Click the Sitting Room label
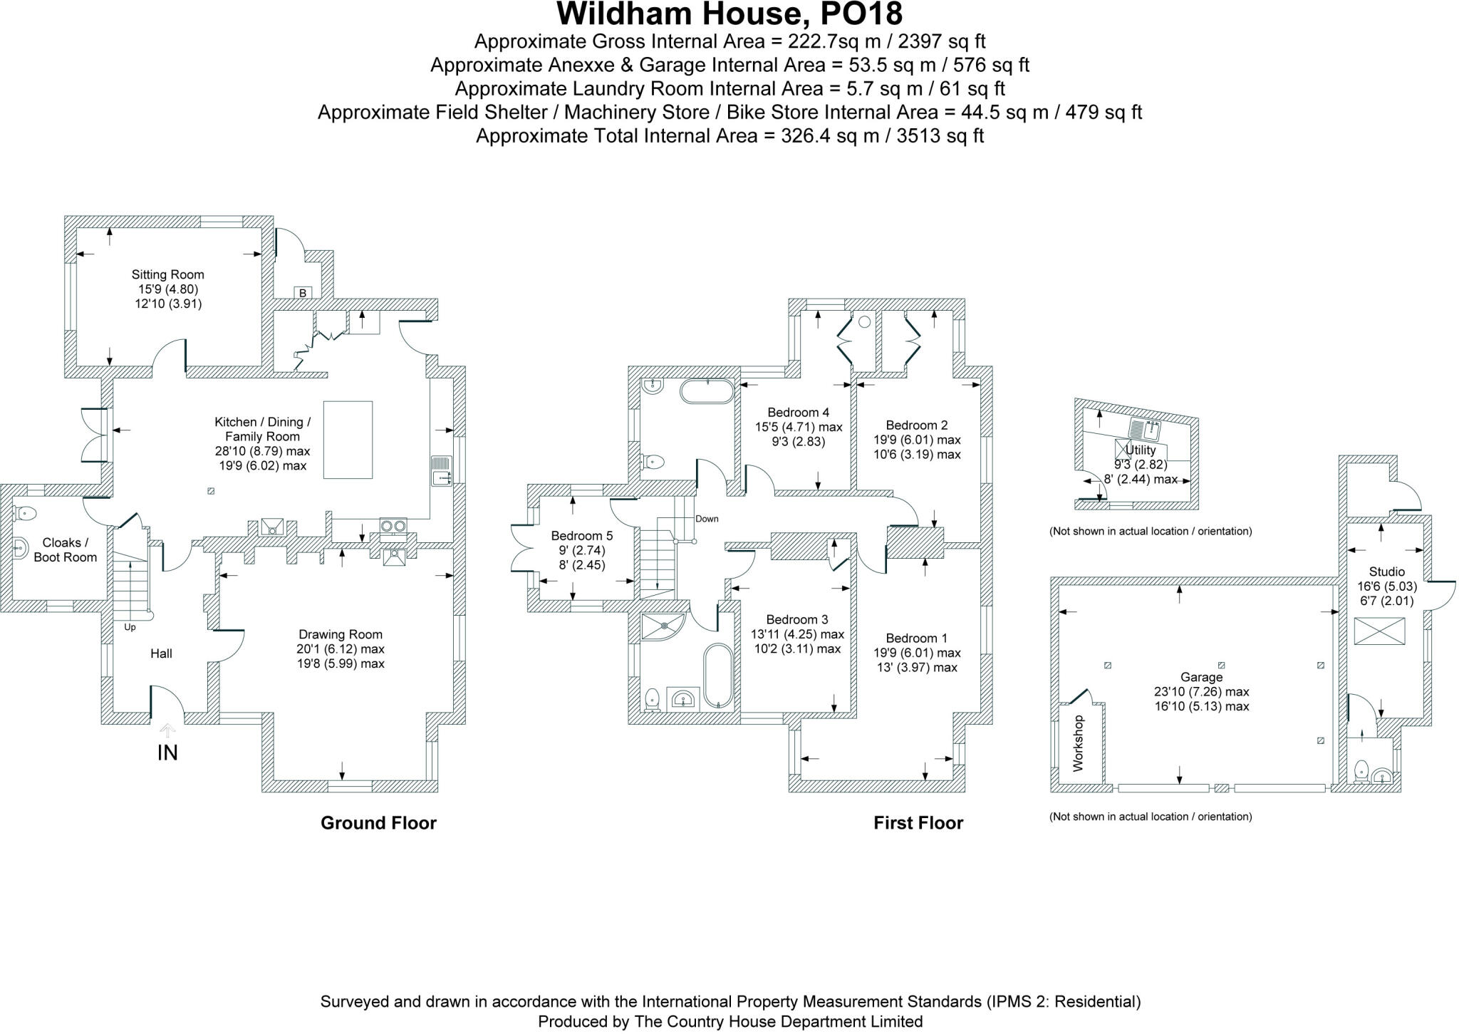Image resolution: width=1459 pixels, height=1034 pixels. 167,274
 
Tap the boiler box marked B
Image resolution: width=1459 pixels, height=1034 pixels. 303,293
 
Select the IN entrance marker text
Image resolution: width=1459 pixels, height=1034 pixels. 167,753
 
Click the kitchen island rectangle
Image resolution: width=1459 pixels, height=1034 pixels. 348,440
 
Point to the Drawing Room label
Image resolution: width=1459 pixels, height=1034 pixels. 341,634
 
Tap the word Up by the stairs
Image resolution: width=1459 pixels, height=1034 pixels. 130,627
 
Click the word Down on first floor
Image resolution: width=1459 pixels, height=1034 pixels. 707,519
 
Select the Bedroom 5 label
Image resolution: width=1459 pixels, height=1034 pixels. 581,536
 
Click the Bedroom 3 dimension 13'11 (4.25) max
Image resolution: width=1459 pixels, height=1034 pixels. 797,634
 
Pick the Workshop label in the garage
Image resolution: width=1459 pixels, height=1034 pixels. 1078,743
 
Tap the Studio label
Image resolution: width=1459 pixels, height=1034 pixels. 1386,572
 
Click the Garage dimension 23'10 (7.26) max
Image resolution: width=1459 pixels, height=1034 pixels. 1201,692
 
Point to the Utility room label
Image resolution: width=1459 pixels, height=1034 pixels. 1140,450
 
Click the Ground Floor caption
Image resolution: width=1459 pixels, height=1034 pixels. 378,823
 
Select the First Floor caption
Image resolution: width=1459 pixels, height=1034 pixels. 918,823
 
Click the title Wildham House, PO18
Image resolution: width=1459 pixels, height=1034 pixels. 729,14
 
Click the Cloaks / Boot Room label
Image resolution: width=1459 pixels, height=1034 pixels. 65,550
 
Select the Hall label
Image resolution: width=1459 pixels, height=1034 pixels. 161,653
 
